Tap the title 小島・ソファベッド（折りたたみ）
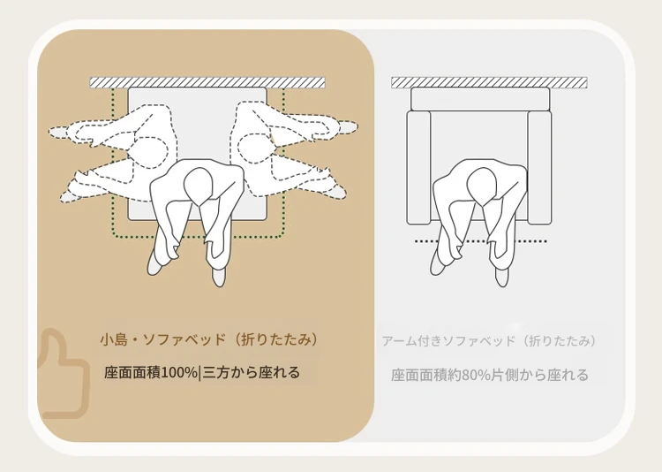[209, 340]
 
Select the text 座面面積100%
[151, 373]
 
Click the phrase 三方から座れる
[252, 373]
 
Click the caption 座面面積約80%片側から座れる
[489, 375]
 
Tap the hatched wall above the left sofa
[207, 82]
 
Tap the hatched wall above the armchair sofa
[489, 82]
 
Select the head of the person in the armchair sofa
[482, 186]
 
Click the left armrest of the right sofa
[418, 167]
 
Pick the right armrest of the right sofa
[539, 167]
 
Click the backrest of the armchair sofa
[480, 98]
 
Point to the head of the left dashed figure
[150, 152]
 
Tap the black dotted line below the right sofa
[481, 241]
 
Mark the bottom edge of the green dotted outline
[199, 236]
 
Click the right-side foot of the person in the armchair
[501, 277]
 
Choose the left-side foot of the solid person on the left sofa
[154, 264]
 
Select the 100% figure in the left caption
[180, 373]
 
